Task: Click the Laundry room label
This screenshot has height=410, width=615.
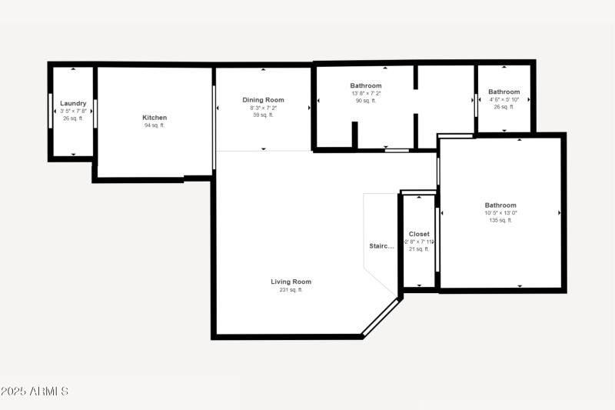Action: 73,103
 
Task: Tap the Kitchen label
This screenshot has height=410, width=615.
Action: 155,118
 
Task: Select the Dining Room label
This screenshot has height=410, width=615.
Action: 263,100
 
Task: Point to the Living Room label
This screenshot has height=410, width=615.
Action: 291,282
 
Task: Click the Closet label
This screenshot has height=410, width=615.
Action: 419,234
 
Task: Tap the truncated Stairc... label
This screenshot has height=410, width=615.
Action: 381,246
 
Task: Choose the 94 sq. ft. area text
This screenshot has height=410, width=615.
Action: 155,125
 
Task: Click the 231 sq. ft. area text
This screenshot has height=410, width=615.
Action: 291,290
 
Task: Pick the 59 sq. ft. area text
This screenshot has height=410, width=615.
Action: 263,115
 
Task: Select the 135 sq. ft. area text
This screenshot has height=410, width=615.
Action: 500,220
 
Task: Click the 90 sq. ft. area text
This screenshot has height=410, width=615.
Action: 366,101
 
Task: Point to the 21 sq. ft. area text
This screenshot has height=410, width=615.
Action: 419,249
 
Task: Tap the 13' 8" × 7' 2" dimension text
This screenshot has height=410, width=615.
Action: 366,94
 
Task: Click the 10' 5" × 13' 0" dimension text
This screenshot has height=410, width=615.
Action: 500,213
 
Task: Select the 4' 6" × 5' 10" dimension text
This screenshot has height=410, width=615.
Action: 504,99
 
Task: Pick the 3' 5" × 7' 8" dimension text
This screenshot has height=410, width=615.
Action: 73,111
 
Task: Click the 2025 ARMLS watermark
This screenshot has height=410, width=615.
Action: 35,392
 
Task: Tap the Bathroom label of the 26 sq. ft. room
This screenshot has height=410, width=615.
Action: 504,92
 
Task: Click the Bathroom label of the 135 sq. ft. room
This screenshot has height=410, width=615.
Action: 500,205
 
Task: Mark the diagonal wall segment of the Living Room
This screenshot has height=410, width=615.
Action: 382,318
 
